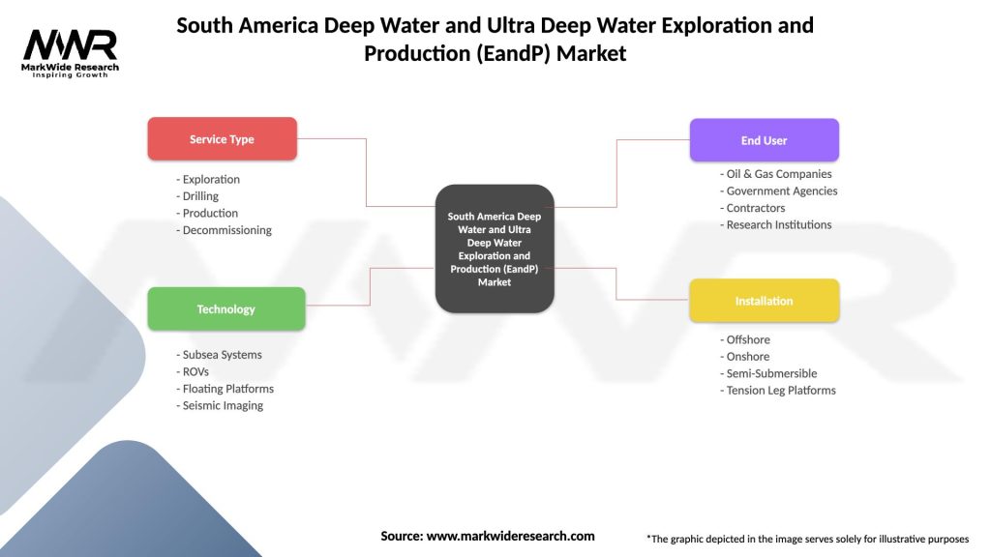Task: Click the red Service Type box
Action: pos(222,139)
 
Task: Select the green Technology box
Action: pos(225,309)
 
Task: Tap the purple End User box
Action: pos(764,140)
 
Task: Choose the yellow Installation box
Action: pos(764,301)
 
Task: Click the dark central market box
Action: pos(495,249)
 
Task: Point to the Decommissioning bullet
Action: pos(226,230)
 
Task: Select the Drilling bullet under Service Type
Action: pos(200,196)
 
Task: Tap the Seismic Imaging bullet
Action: pos(223,405)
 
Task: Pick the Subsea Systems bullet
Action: pos(222,355)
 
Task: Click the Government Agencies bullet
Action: pos(782,191)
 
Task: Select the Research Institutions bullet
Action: pos(778,224)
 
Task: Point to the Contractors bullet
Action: pos(756,208)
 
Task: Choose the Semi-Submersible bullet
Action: pos(771,373)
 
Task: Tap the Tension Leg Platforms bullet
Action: pos(781,391)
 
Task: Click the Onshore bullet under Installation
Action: pos(748,357)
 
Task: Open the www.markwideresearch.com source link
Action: pos(510,536)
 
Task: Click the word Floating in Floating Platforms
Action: pos(203,389)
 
